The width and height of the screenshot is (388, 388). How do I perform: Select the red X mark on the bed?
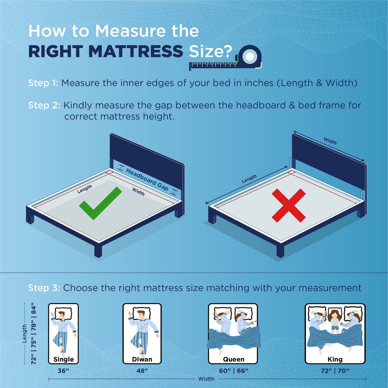(x=289, y=205)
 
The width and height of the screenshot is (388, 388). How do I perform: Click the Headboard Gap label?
(x=147, y=179)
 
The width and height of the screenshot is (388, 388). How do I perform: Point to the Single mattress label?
(x=64, y=359)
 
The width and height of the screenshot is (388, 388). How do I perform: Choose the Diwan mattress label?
(x=142, y=359)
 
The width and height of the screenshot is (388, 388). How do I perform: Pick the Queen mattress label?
(x=234, y=359)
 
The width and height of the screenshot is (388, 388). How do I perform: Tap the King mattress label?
(x=335, y=359)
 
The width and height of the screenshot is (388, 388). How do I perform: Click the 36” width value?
(x=63, y=371)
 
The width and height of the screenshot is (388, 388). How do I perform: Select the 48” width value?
(x=142, y=371)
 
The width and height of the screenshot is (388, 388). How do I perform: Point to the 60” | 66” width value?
(x=234, y=371)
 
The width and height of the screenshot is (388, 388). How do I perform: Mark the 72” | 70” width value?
(x=335, y=371)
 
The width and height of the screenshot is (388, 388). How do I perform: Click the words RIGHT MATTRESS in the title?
(x=106, y=52)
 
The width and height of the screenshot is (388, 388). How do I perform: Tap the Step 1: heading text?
(x=43, y=83)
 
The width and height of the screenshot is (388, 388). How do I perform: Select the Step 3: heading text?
(x=44, y=288)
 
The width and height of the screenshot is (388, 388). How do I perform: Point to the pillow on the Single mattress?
(x=63, y=313)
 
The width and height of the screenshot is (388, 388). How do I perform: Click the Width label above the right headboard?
(x=330, y=141)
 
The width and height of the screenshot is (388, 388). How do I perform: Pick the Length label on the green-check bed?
(x=85, y=189)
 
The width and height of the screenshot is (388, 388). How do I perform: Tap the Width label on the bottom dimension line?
(x=206, y=379)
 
